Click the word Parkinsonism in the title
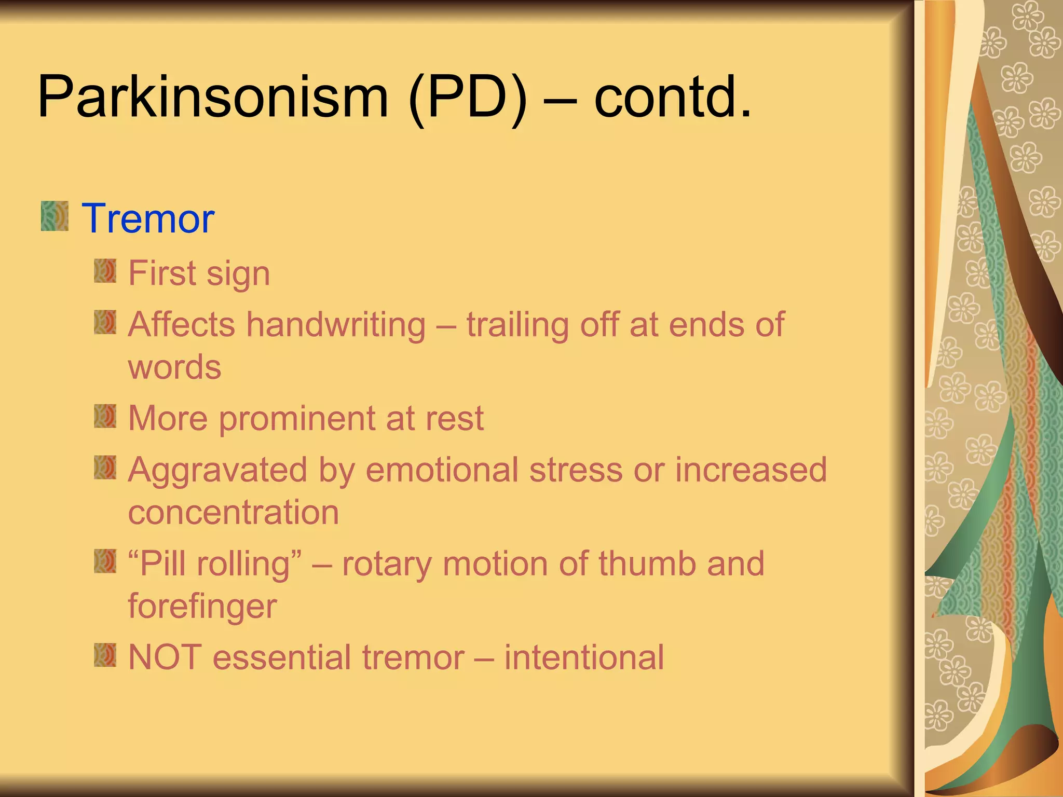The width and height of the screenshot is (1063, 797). point(213,98)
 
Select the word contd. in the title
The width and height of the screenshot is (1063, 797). point(672,97)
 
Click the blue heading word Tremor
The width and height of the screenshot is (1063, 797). point(148,218)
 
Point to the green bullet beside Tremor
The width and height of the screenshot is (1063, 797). point(54,216)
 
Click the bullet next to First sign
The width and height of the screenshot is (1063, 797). point(105,271)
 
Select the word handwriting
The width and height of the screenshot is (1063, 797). point(336,325)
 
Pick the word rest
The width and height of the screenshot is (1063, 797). point(455,419)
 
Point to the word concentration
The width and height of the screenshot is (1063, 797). point(234,512)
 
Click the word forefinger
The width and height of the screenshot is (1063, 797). point(202,606)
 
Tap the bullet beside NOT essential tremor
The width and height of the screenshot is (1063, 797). point(105,655)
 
